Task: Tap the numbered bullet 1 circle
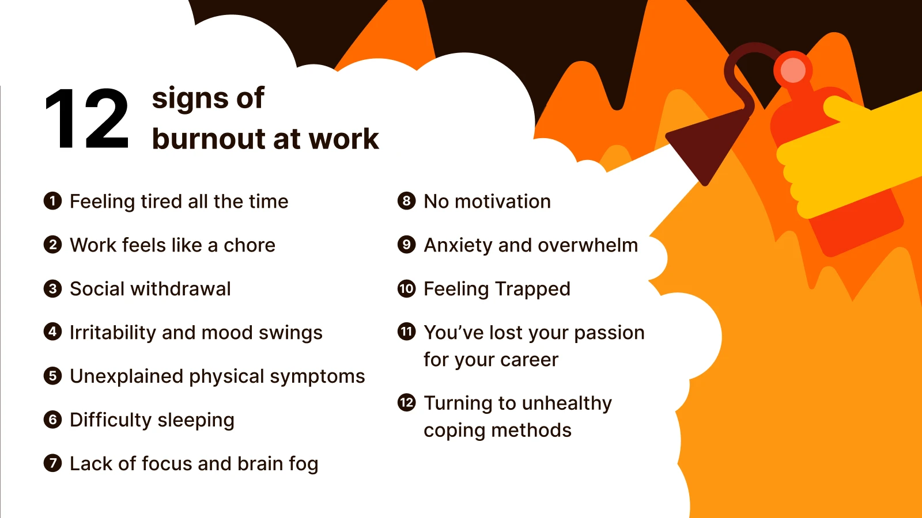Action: click(52, 201)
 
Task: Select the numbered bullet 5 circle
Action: click(52, 376)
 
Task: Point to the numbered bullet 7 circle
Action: click(52, 463)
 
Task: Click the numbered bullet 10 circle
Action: click(406, 288)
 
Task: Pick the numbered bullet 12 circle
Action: click(406, 402)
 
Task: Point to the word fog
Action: click(303, 464)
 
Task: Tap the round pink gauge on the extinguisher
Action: click(793, 70)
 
